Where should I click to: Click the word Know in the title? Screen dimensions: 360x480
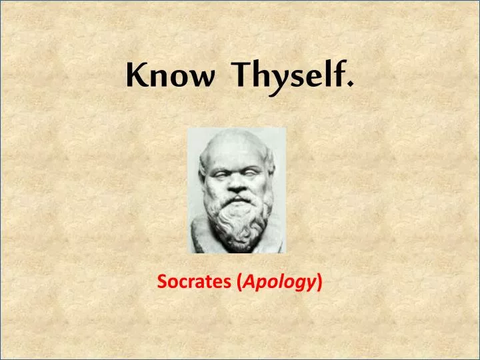click(170, 77)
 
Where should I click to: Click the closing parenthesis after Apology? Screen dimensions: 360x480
click(321, 283)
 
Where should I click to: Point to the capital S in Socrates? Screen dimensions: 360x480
click(162, 283)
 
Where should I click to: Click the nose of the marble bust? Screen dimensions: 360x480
click(234, 183)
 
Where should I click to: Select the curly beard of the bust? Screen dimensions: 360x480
click(237, 223)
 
